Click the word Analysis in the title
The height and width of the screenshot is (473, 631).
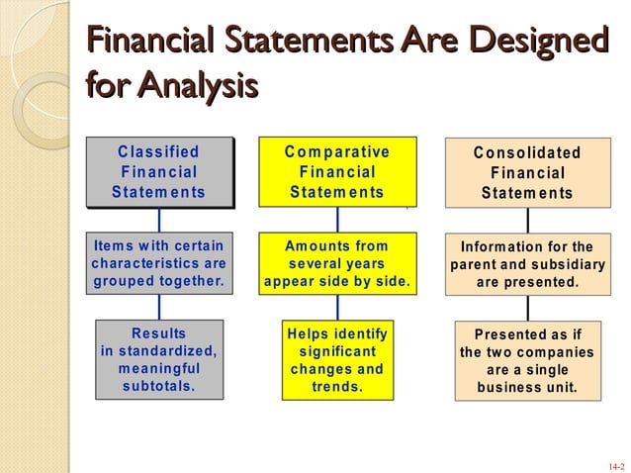(x=197, y=84)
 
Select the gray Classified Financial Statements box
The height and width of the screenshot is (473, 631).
(x=158, y=171)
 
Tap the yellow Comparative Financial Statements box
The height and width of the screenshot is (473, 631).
(x=336, y=171)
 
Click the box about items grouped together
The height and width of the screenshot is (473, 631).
(x=158, y=263)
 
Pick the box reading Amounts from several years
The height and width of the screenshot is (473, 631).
(x=336, y=263)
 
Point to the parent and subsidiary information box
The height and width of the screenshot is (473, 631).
(x=526, y=264)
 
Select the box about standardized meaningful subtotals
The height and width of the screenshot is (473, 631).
(x=158, y=358)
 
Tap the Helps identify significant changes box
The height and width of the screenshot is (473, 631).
(x=336, y=358)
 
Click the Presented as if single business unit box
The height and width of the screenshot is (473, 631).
(x=526, y=360)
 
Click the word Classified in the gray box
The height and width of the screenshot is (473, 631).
(x=158, y=152)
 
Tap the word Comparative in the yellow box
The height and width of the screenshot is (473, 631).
(x=336, y=151)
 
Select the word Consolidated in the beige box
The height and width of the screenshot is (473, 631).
(x=526, y=153)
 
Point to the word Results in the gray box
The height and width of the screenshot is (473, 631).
(x=158, y=333)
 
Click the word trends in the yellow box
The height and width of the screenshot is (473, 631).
(x=336, y=386)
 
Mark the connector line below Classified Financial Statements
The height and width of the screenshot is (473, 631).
(x=158, y=220)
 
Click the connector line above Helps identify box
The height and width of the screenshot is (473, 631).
(x=336, y=307)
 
